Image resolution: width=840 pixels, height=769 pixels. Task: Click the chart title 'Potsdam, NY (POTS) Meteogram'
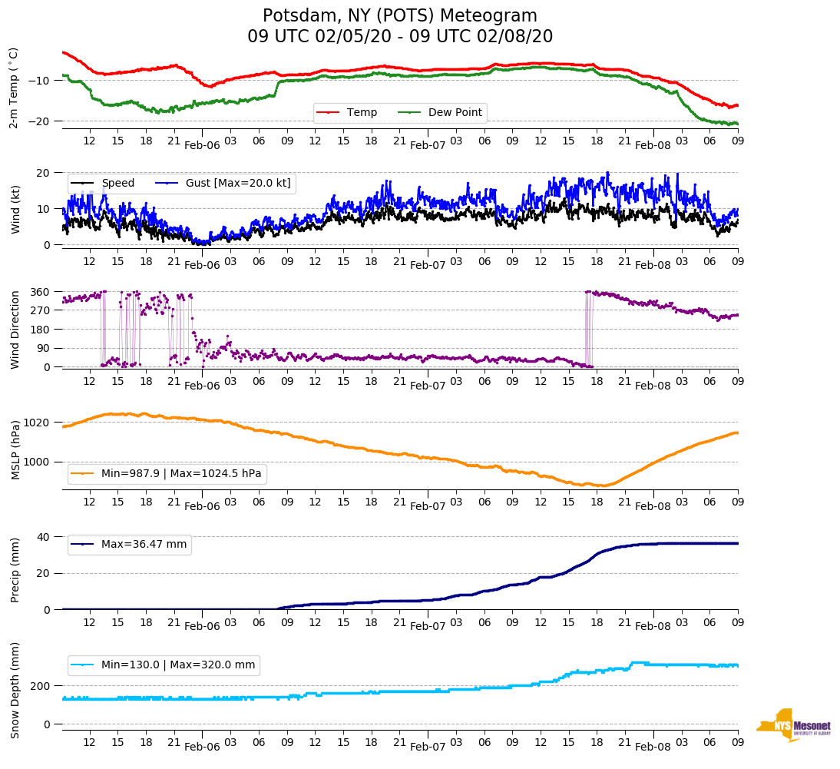(x=400, y=16)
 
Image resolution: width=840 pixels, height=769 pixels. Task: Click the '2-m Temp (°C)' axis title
(x=14, y=88)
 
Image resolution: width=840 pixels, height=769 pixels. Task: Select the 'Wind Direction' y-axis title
(x=15, y=329)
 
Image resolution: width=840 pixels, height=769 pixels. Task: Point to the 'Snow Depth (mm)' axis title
(x=15, y=690)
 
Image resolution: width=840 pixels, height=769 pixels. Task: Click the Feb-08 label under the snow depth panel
(x=653, y=747)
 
